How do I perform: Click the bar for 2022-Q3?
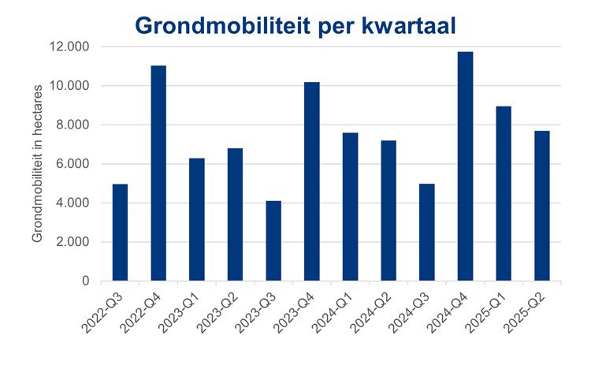click(120, 233)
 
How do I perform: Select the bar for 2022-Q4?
click(158, 173)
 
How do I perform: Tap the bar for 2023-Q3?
click(273, 241)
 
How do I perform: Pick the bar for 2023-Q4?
click(312, 181)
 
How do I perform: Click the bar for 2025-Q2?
click(542, 206)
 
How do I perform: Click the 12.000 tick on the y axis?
click(69, 47)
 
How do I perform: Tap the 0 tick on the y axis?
click(84, 281)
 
